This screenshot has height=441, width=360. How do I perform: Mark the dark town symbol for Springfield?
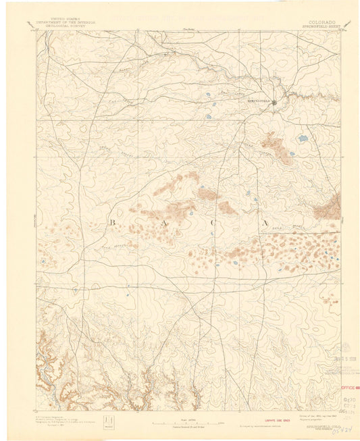[275, 101]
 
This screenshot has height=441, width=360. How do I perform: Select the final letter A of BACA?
[265, 222]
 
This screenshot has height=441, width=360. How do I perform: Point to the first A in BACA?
[162, 222]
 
